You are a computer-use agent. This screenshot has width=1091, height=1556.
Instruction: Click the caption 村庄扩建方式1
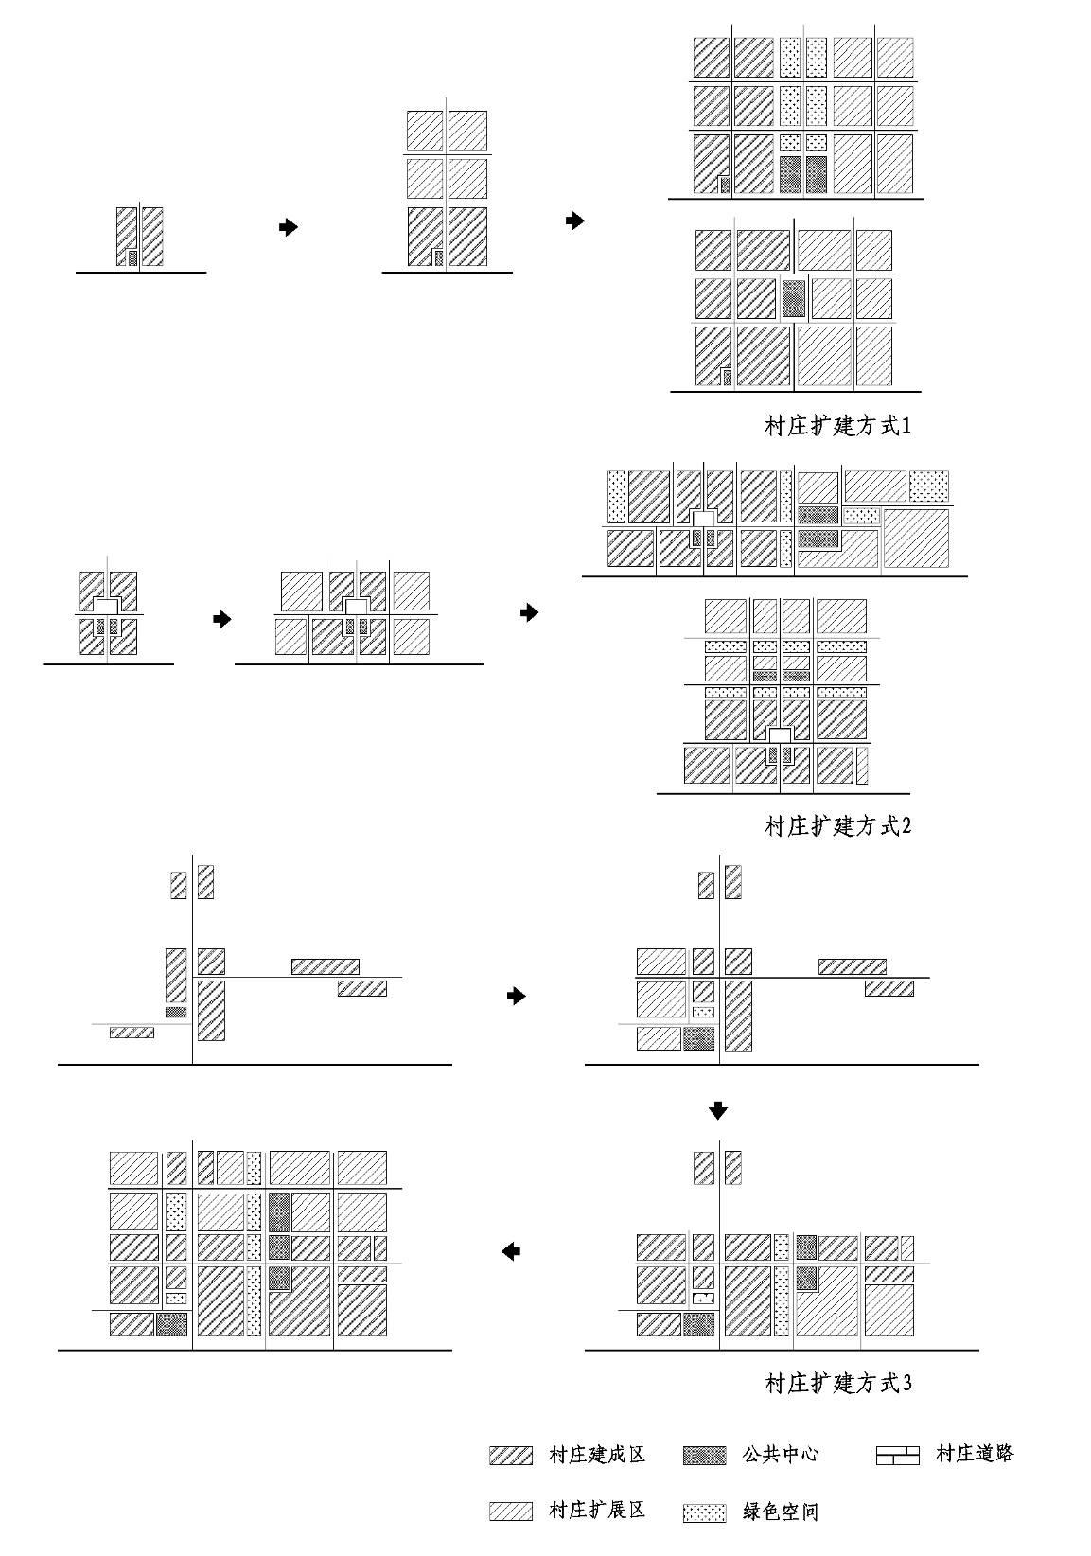(836, 426)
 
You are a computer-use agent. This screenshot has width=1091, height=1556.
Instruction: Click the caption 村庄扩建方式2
(836, 826)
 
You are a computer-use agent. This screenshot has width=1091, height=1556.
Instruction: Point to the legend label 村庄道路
(975, 1453)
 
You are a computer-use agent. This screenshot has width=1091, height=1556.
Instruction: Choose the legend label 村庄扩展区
(596, 1510)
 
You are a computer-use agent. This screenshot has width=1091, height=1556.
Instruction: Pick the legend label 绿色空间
(780, 1512)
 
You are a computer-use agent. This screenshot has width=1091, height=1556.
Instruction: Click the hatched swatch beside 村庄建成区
(510, 1456)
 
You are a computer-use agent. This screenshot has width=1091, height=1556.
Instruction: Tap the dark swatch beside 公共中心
(704, 1456)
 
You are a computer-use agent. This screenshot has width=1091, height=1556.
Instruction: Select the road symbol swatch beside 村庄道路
(897, 1456)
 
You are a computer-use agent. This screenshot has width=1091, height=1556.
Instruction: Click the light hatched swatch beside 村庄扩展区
(510, 1511)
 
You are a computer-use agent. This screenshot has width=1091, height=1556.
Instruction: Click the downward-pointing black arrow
(718, 1111)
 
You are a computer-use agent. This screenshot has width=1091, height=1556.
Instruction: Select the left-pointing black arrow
(510, 1252)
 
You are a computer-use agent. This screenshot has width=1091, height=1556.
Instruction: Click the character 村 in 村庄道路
(945, 1453)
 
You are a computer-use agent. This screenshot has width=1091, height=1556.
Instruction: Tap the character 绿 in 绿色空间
(751, 1512)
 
